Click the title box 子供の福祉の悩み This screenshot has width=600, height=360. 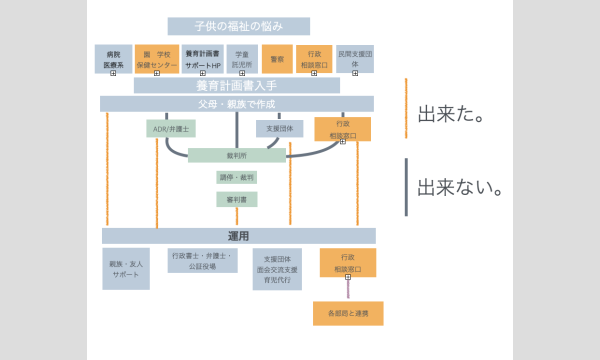click(238, 26)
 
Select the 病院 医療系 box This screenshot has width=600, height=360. click(113, 58)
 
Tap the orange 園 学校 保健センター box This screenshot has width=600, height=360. click(156, 58)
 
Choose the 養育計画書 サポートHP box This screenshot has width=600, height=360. click(203, 58)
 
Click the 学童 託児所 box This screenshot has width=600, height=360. click(242, 58)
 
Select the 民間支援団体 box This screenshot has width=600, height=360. click(355, 58)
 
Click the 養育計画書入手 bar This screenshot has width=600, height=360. click(238, 86)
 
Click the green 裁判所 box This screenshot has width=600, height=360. click(237, 155)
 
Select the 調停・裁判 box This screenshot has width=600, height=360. click(237, 177)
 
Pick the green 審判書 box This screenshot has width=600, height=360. click(237, 199)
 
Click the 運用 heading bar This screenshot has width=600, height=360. click(238, 236)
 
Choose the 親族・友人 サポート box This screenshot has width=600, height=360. click(125, 268)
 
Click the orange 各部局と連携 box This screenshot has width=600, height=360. click(347, 313)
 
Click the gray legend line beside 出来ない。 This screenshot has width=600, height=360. click(406, 187)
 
